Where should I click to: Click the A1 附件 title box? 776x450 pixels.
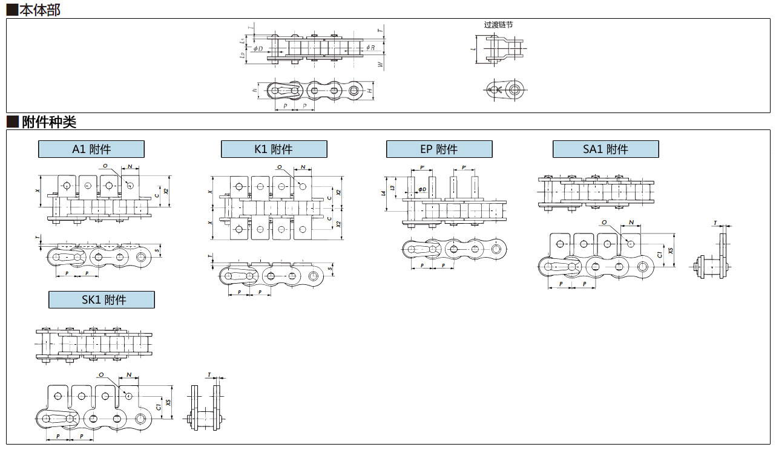[x=91, y=149]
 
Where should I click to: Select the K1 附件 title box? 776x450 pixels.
[x=274, y=149]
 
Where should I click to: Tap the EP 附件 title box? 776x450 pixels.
[x=439, y=149]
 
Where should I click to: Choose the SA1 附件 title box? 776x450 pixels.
[x=605, y=149]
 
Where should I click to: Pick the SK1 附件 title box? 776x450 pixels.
[x=102, y=299]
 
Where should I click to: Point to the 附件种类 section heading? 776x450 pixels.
[x=42, y=122]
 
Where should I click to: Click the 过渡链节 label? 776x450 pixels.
[x=498, y=25]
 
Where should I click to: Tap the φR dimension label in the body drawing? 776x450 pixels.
[x=370, y=47]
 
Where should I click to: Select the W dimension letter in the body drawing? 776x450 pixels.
[x=380, y=64]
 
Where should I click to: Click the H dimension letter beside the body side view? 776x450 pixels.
[x=369, y=91]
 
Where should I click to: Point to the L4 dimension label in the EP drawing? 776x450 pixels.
[x=383, y=194]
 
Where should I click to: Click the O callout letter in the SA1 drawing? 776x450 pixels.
[x=604, y=223]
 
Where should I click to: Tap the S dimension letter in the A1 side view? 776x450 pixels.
[x=158, y=250]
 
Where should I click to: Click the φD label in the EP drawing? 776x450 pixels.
[x=422, y=189]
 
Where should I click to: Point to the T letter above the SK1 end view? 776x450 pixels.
[x=209, y=375]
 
